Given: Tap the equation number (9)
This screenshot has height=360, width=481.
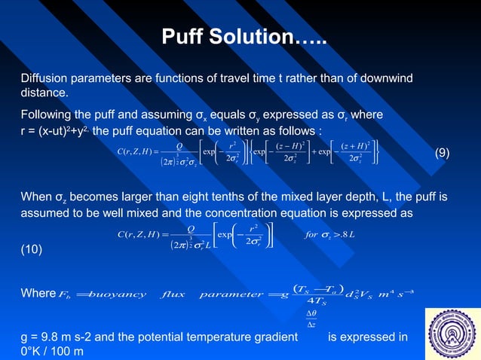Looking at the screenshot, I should tap(443, 153).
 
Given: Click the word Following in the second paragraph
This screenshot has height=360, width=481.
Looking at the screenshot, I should tap(48, 114).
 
